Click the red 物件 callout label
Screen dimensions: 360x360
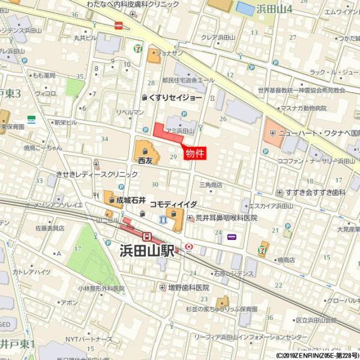pyautogui.click(x=194, y=153)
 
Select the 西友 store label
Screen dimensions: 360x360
pyautogui.click(x=145, y=161)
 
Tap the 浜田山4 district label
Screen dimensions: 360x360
pyautogui.click(x=275, y=10)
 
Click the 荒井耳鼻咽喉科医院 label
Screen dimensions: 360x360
pyautogui.click(x=226, y=218)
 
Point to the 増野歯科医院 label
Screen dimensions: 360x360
pyautogui.click(x=188, y=287)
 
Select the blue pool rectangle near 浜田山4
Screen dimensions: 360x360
pyautogui.click(x=245, y=8)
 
